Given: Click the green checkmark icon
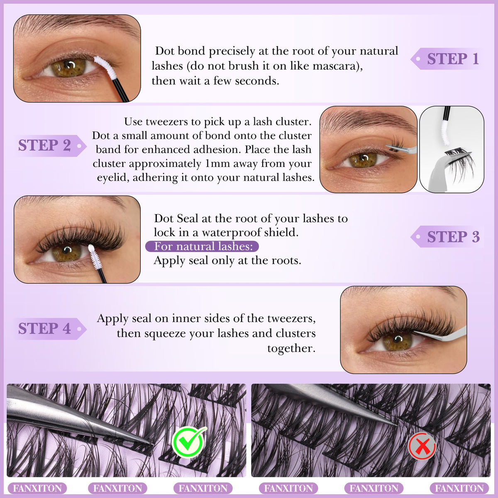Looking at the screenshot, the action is pyautogui.click(x=189, y=442).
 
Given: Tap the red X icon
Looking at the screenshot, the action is pyautogui.click(x=422, y=446).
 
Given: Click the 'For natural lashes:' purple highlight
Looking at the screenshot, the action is pyautogui.click(x=202, y=246).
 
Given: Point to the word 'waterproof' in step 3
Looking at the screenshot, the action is pyautogui.click(x=231, y=232).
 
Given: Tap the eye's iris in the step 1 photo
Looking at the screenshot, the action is pyautogui.click(x=68, y=68).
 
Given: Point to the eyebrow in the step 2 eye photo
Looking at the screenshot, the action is pyautogui.click(x=367, y=121).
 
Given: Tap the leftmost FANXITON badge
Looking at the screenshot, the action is pyautogui.click(x=37, y=488).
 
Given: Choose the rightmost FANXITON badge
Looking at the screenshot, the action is pyautogui.click(x=459, y=488).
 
